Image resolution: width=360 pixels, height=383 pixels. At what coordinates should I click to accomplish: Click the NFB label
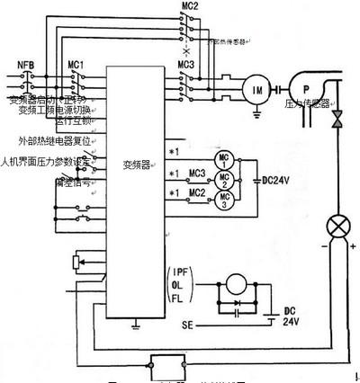[26, 64]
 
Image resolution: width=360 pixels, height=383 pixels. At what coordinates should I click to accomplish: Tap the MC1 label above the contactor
[76, 64]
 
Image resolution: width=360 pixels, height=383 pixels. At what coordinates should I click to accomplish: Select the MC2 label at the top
[190, 6]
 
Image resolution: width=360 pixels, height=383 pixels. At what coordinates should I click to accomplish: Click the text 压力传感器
[309, 103]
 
